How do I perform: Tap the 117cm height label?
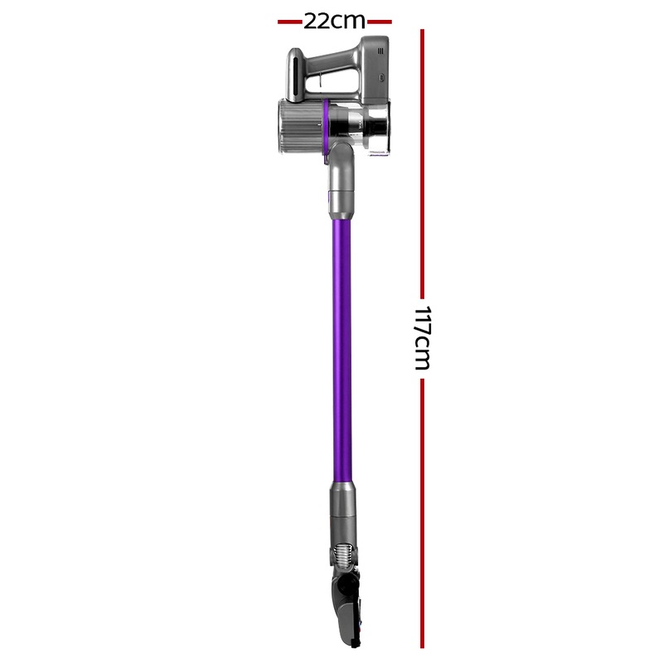pyautogui.click(x=422, y=338)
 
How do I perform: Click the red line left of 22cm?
pyautogui.click(x=288, y=21)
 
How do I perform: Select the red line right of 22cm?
pyautogui.click(x=380, y=21)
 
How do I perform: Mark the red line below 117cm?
pyautogui.click(x=422, y=514)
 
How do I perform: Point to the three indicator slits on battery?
pyautogui.click(x=381, y=50)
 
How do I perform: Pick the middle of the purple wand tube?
pyautogui.click(x=341, y=348)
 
